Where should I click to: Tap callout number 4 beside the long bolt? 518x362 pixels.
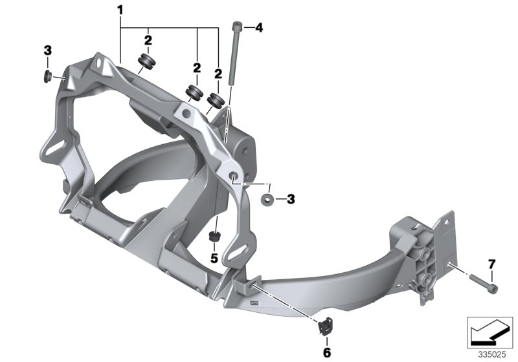(259, 27)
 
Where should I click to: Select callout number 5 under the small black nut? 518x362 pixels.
(212, 258)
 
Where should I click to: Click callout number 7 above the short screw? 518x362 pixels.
(491, 264)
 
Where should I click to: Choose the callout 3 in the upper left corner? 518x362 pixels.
(47, 50)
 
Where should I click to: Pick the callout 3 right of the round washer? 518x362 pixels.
(291, 199)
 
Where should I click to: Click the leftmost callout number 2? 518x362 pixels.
(148, 40)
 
